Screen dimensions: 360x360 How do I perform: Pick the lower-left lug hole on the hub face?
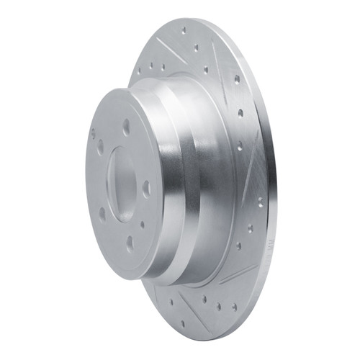(x=102, y=214)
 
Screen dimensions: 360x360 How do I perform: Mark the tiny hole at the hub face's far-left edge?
(x=93, y=132)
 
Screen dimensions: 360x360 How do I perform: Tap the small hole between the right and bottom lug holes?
(x=143, y=221)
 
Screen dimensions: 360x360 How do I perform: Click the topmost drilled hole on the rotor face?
(x=184, y=30)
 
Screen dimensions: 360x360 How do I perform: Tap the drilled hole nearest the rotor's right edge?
(x=260, y=202)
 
